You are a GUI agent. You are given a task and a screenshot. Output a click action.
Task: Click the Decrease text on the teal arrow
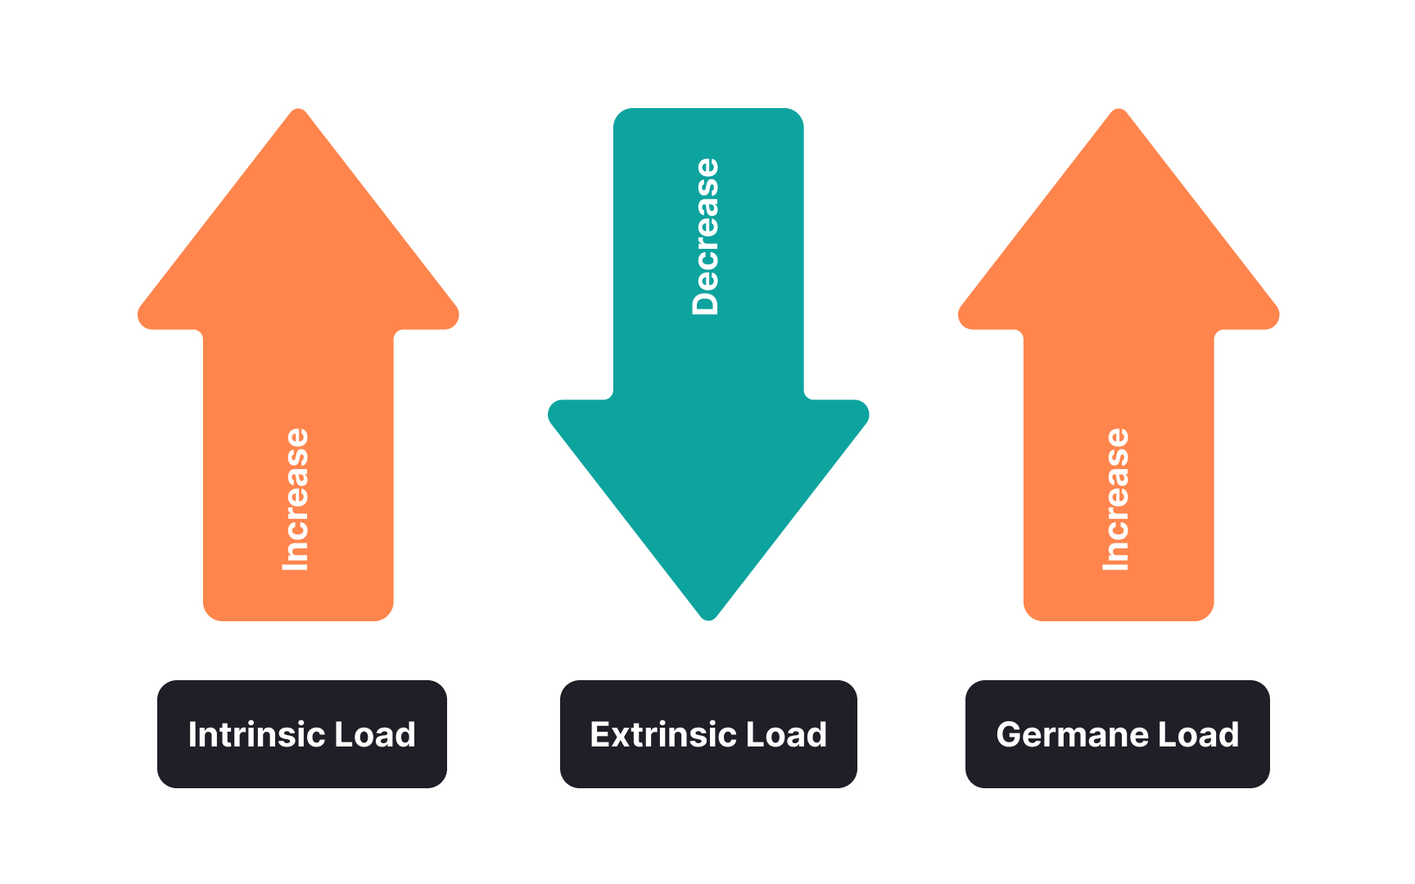[706, 237]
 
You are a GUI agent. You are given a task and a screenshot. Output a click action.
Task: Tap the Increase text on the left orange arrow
[296, 499]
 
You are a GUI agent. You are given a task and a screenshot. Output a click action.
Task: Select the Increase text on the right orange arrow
[1116, 499]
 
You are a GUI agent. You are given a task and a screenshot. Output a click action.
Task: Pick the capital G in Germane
[1010, 734]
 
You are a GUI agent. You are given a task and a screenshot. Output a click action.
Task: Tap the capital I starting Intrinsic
[193, 734]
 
